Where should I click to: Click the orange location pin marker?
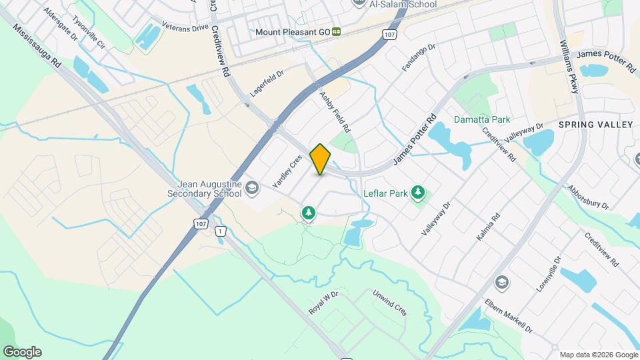pyautogui.click(x=320, y=159)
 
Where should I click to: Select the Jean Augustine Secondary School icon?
pyautogui.click(x=251, y=189)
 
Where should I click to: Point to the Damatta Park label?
pyautogui.click(x=482, y=120)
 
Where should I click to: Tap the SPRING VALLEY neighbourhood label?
pyautogui.click(x=595, y=125)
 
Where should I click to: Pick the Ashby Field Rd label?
pyautogui.click(x=335, y=111)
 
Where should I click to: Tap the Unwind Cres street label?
pyautogui.click(x=389, y=303)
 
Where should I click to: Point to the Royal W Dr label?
pyautogui.click(x=324, y=303)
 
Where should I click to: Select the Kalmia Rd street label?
pyautogui.click(x=495, y=229)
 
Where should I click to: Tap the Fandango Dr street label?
pyautogui.click(x=418, y=57)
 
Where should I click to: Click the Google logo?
pyautogui.click(x=22, y=352)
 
